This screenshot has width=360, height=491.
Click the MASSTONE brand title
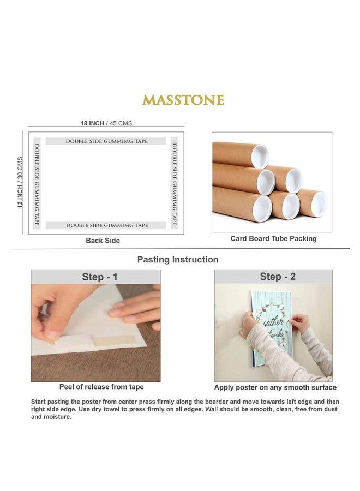click(x=183, y=100)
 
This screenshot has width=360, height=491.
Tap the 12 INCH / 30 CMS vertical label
click(x=20, y=182)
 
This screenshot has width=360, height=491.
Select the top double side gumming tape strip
click(x=106, y=141)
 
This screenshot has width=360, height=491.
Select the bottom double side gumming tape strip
click(x=106, y=225)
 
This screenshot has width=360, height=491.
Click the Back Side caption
click(x=103, y=241)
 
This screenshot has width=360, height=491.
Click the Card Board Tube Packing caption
click(x=273, y=238)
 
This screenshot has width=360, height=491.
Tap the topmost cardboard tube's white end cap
click(x=259, y=156)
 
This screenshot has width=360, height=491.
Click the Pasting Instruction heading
click(x=178, y=260)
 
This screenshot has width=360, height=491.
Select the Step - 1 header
click(x=100, y=277)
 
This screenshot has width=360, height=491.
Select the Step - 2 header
click(x=278, y=277)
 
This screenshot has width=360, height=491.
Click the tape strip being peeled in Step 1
click(x=113, y=340)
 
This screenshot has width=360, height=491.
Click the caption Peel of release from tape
click(x=101, y=387)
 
